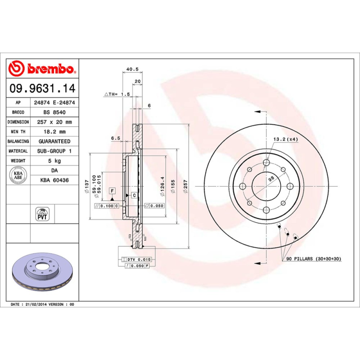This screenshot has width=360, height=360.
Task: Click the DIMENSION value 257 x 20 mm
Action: click(54, 122)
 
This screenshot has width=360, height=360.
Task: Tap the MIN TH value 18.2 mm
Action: click(54, 132)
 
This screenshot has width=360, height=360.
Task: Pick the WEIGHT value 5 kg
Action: click(54, 161)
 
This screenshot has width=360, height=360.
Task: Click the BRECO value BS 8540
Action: click(54, 112)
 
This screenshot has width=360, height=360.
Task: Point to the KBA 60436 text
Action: click(54, 180)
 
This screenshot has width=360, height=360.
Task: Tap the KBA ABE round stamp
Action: click(18, 175)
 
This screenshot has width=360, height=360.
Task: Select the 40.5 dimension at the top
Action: click(132, 69)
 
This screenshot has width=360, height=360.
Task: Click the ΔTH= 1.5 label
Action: click(117, 94)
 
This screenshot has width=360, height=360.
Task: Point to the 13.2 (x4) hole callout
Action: click(285, 139)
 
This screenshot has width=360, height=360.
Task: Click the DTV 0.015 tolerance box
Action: click(137, 260)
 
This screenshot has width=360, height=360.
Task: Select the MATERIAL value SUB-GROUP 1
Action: click(54, 151)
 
